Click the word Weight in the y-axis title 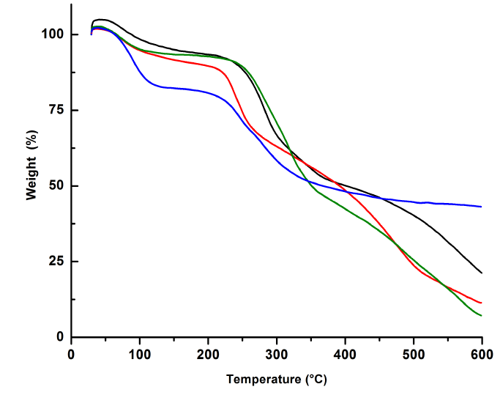pos(31,180)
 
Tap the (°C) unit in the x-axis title pos(312,380)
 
